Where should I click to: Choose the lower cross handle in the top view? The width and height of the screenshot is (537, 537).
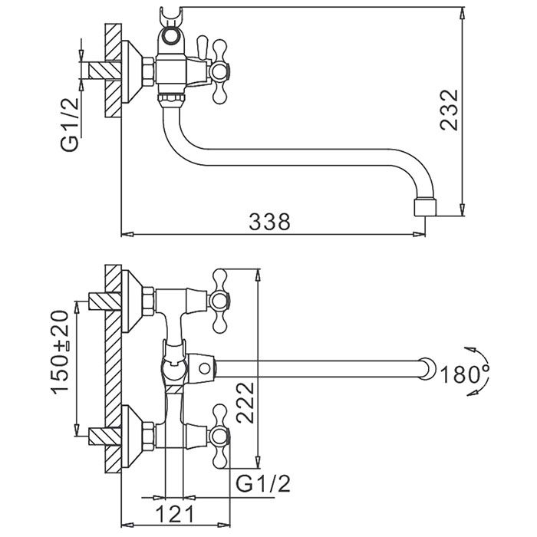point(222,436)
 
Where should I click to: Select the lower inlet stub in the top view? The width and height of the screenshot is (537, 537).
point(100,437)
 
